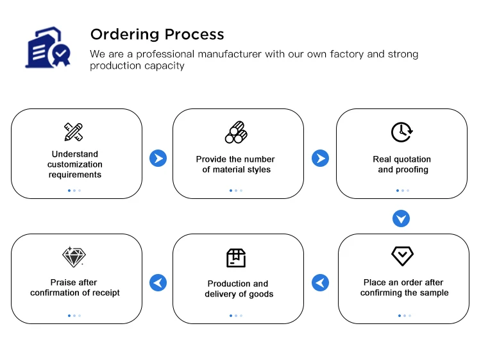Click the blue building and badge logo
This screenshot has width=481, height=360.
(x=48, y=47)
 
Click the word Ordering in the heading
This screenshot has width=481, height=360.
(x=125, y=35)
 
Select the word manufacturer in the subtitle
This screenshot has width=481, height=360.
(x=230, y=54)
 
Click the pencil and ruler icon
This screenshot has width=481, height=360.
(x=74, y=132)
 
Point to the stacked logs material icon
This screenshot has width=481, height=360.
(x=236, y=132)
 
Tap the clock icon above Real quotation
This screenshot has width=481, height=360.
(x=402, y=132)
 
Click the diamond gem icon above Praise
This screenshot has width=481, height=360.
(x=74, y=257)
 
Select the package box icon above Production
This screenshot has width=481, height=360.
(x=236, y=258)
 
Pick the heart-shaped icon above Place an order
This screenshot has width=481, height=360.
(x=403, y=256)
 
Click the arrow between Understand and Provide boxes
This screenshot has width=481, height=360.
(x=158, y=159)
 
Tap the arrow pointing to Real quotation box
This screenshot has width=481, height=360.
(x=320, y=159)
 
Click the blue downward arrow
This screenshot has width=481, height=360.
(x=401, y=219)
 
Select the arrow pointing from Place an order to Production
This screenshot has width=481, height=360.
(x=320, y=282)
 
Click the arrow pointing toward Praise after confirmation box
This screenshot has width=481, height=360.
(x=158, y=282)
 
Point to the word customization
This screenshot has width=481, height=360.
(x=75, y=164)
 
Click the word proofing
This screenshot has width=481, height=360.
(x=412, y=169)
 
